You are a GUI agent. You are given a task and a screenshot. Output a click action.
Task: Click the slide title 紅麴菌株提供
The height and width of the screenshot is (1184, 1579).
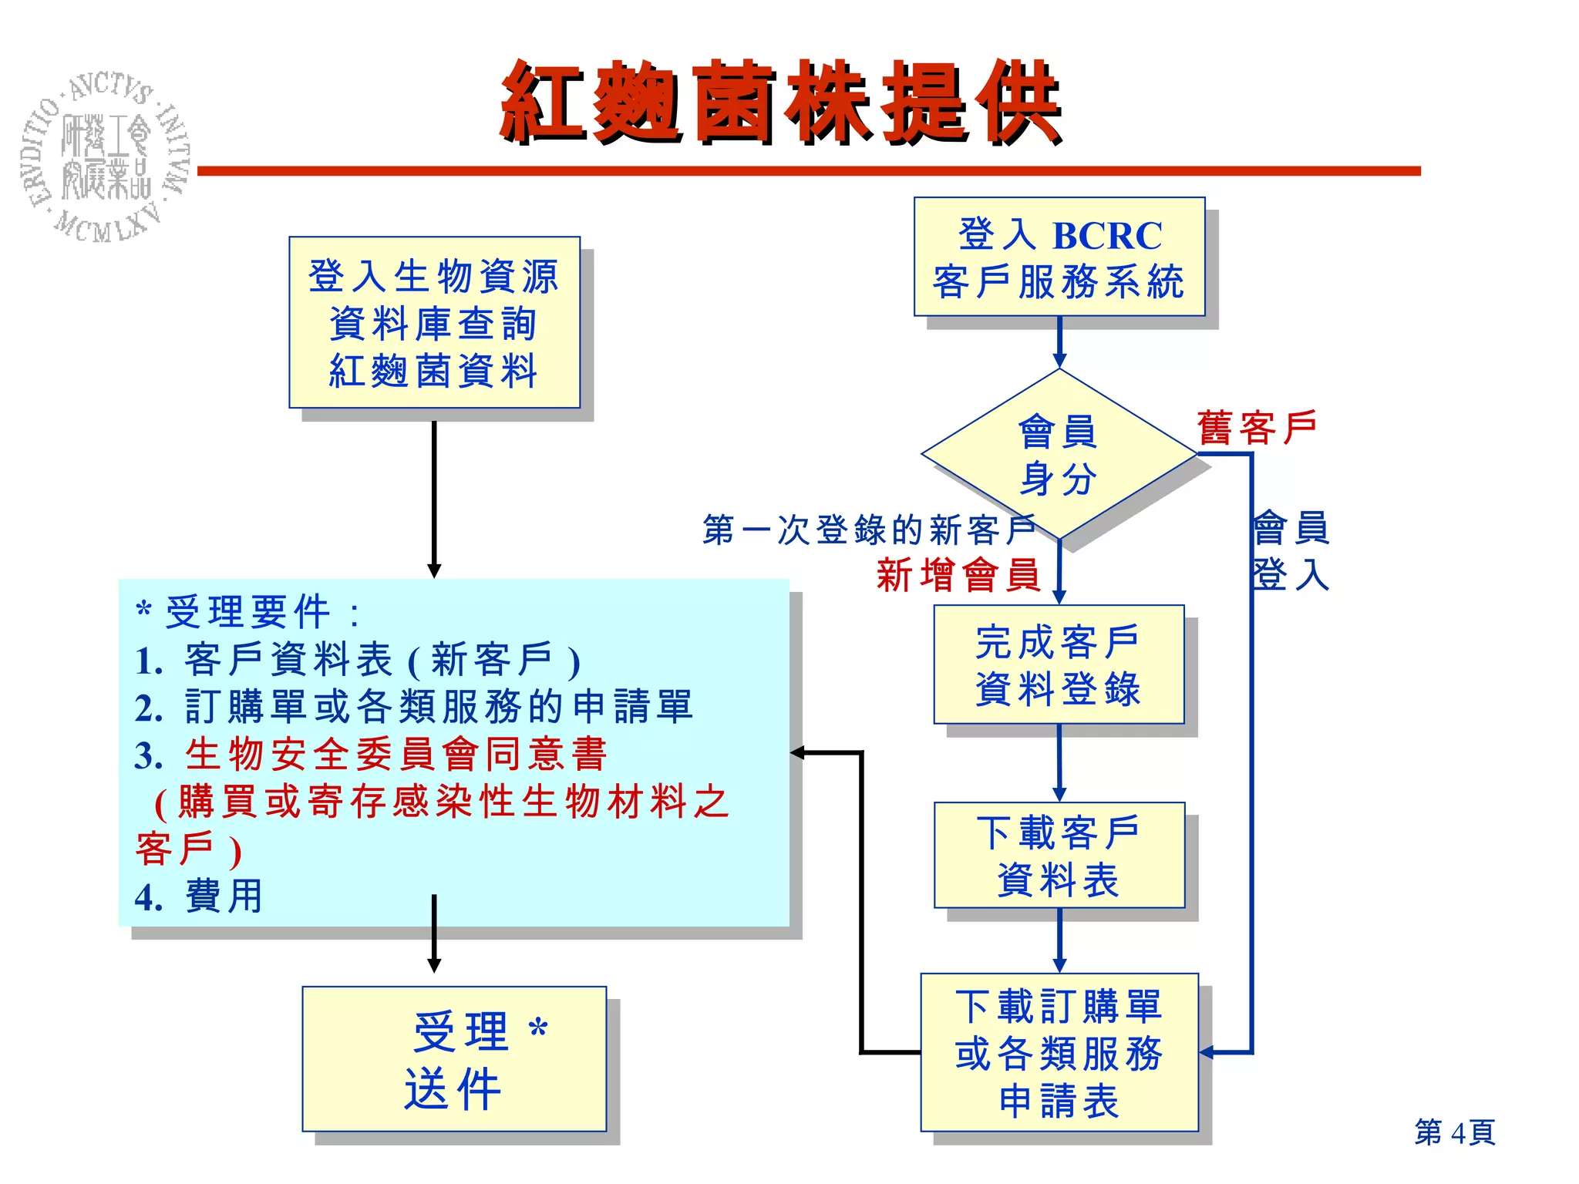click(780, 103)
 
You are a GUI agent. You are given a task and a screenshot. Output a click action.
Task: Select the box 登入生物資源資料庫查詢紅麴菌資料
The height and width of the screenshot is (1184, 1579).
click(434, 322)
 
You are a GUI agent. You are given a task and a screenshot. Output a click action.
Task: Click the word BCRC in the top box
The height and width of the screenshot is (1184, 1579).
click(1107, 236)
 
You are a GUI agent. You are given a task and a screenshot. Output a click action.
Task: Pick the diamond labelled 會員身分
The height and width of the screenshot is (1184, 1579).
click(1059, 455)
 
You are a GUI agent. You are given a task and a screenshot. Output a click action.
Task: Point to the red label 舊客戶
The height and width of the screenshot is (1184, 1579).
click(1257, 428)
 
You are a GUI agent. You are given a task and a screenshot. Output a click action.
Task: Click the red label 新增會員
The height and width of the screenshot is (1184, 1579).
click(958, 575)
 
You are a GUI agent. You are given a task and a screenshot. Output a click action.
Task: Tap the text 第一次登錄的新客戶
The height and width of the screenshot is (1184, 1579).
click(868, 530)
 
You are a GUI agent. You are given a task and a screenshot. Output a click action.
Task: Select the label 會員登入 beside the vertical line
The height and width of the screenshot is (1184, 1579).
click(1291, 551)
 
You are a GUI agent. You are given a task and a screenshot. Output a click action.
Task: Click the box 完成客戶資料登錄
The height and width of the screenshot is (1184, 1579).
click(1059, 664)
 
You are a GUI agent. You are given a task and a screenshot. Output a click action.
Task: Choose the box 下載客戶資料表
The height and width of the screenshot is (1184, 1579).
click(1059, 856)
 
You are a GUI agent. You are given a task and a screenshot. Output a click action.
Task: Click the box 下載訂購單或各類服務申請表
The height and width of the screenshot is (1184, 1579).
click(1059, 1053)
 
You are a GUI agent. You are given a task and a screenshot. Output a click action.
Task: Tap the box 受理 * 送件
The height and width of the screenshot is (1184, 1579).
click(454, 1059)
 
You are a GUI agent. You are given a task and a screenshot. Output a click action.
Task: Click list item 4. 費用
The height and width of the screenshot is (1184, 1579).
click(199, 896)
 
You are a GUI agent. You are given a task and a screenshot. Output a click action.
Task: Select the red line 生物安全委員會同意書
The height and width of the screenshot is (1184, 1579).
click(396, 754)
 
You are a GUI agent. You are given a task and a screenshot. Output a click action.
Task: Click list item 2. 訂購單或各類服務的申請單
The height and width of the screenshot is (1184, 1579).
click(414, 707)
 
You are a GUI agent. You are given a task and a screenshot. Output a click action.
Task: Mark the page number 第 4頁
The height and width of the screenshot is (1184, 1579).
click(1454, 1132)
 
